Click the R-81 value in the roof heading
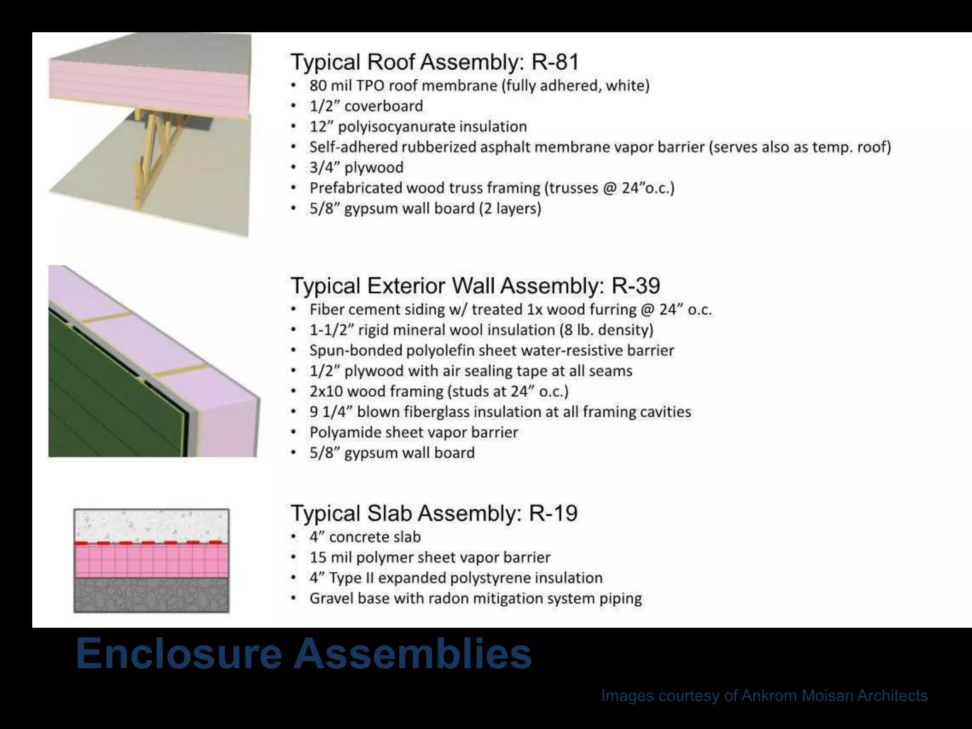click(555, 62)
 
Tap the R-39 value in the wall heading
click(636, 286)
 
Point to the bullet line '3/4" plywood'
click(356, 168)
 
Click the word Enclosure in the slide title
click(179, 654)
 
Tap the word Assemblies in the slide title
click(412, 654)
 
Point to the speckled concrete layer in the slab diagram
click(151, 525)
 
